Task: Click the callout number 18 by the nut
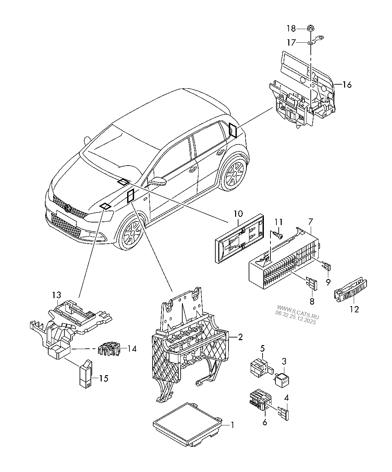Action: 291,28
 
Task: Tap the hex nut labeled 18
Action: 310,29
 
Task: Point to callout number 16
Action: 346,85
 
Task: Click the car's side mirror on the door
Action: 158,181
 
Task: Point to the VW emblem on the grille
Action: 68,209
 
